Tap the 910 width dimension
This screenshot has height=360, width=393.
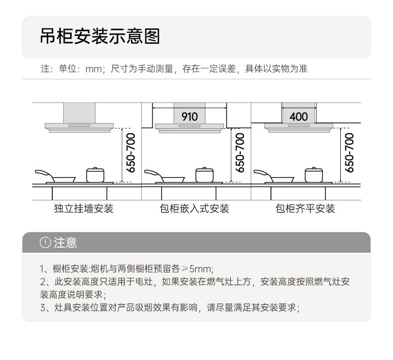coord(190,116)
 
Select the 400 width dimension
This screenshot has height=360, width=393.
coord(298,116)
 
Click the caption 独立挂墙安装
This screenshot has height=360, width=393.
coord(84,208)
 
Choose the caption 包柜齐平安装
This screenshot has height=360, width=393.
coord(305,208)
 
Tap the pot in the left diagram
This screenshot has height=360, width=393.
coord(95,175)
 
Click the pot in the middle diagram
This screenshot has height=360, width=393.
coord(204,175)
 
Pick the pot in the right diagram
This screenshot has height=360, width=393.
coord(313,175)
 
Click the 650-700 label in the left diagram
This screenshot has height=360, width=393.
coord(131,153)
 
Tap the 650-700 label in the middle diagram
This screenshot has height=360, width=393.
coord(240,153)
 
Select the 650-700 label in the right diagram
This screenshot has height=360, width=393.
coord(349,153)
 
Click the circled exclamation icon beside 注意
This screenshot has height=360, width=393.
coord(46,243)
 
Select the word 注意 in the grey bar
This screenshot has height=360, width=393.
coord(65,243)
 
